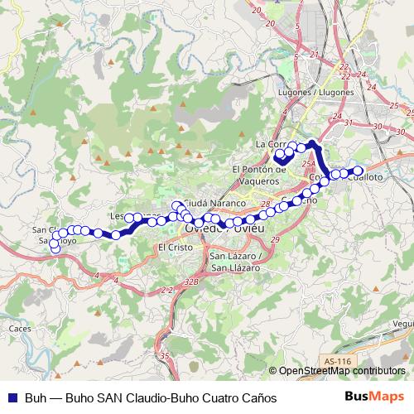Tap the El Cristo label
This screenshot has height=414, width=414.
coord(174,247)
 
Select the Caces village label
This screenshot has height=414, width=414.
coord(20,329)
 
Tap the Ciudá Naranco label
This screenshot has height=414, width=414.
coord(214,203)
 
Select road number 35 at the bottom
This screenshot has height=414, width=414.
coord(165,356)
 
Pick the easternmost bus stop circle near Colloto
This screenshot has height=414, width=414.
coord(359,171)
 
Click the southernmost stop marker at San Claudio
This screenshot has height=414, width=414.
coord(55,248)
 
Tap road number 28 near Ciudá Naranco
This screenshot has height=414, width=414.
coord(266,203)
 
